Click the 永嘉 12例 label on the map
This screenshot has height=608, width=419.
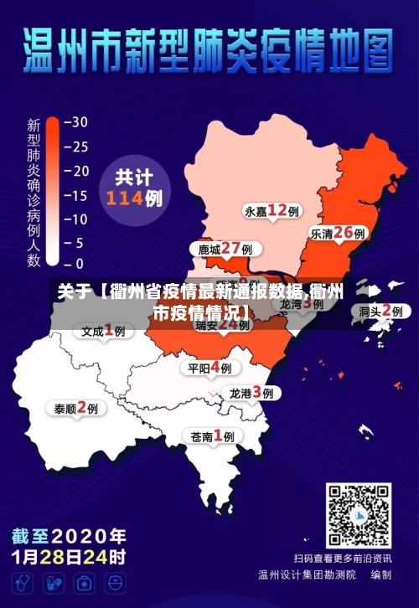[272, 210]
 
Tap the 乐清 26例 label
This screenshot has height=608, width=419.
[337, 234]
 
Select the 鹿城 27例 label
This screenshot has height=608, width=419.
[225, 249]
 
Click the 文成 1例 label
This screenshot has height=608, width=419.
[103, 331]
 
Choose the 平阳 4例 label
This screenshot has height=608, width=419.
[209, 368]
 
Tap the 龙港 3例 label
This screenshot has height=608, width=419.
[251, 393]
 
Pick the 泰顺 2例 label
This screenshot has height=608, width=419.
[76, 409]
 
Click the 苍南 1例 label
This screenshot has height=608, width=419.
[212, 435]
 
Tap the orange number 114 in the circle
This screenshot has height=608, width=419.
[125, 198]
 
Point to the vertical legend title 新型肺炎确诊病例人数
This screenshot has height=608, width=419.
[34, 193]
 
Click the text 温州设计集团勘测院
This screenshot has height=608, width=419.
[307, 575]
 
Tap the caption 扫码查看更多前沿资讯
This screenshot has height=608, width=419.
[342, 558]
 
